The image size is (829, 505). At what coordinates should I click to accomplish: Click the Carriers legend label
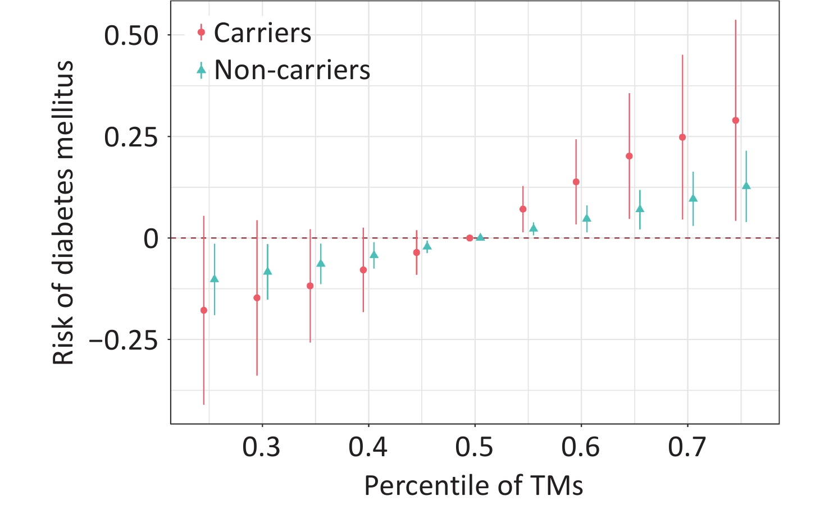[262, 33]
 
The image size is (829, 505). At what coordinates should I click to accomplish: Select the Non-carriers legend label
[292, 70]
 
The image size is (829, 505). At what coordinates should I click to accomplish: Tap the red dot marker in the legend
[202, 33]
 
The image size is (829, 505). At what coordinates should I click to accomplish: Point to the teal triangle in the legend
[202, 70]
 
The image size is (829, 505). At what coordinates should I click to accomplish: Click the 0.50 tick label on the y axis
[131, 35]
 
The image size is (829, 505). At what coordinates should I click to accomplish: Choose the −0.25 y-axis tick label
[124, 340]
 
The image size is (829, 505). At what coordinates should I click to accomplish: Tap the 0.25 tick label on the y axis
[131, 137]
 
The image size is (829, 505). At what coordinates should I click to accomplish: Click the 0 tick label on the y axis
[151, 239]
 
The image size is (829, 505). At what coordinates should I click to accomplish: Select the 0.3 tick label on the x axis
[262, 448]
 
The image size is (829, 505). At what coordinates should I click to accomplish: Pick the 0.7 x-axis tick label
[687, 448]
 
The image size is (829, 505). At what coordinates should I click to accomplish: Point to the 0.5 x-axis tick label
[475, 448]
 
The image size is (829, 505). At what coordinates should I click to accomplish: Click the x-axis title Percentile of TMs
[473, 485]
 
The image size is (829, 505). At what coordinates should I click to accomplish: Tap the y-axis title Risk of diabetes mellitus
[63, 213]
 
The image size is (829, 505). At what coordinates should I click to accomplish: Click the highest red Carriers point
[736, 121]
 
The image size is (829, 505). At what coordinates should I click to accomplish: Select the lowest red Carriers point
[204, 310]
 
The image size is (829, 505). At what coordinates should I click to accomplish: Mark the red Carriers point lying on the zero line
[470, 238]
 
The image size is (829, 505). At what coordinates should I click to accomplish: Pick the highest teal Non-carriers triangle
[746, 186]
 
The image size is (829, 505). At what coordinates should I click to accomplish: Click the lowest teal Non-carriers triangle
[214, 279]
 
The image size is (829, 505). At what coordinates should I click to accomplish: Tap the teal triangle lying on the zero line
[480, 237]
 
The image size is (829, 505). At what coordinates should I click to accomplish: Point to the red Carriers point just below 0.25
[682, 137]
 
